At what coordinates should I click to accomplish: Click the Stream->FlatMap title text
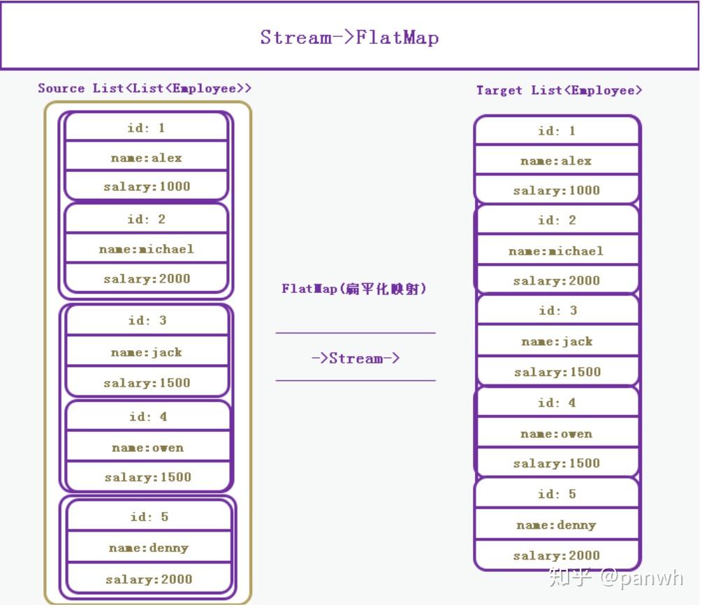coord(349,37)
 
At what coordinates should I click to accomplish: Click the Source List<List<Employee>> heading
coord(145,89)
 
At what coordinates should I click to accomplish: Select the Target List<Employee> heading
coord(559,91)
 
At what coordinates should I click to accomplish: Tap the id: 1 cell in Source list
coord(146,128)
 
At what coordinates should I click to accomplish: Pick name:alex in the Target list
coord(556,161)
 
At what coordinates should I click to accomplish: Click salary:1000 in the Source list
coord(147,187)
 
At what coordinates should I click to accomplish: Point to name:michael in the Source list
coord(147,249)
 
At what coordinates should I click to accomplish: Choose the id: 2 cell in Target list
coord(557,220)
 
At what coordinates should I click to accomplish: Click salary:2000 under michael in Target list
coord(556,281)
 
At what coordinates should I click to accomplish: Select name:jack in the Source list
coord(147,352)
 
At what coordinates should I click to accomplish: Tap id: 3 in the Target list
coord(557,311)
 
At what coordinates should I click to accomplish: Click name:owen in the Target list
coord(556,434)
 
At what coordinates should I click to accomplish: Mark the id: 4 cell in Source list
coord(147,417)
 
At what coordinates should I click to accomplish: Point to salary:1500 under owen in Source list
coord(147,478)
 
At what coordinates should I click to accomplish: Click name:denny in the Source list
coord(148,548)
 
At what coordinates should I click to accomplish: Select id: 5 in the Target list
coord(557,495)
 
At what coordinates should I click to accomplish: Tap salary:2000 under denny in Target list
coord(556,556)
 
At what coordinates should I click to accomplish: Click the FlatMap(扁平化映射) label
coord(353,289)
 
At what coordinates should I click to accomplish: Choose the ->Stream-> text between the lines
coord(356,359)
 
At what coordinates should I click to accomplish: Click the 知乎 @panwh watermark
coord(615,578)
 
